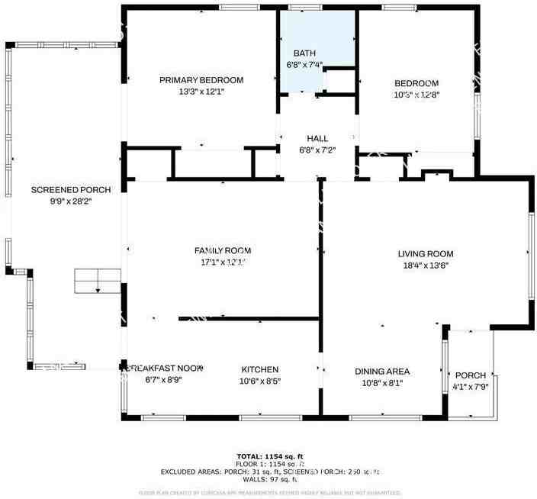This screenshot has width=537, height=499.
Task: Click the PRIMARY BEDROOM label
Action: (201, 80)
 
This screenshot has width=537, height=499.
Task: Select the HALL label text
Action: (317, 138)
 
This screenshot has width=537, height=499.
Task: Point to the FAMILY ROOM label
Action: (222, 250)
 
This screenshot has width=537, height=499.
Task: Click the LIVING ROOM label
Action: (425, 254)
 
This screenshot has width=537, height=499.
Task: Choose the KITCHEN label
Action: (260, 369)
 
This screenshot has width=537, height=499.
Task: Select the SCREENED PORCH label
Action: (71, 190)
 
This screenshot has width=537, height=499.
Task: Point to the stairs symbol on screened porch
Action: (98, 281)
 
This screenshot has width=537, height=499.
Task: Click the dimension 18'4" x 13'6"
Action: (425, 266)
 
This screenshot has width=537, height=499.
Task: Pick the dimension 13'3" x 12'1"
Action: (201, 92)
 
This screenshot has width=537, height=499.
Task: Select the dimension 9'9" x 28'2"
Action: (71, 201)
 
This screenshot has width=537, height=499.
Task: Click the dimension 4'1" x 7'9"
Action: (470, 387)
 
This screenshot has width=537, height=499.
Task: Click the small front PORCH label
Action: (470, 375)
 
